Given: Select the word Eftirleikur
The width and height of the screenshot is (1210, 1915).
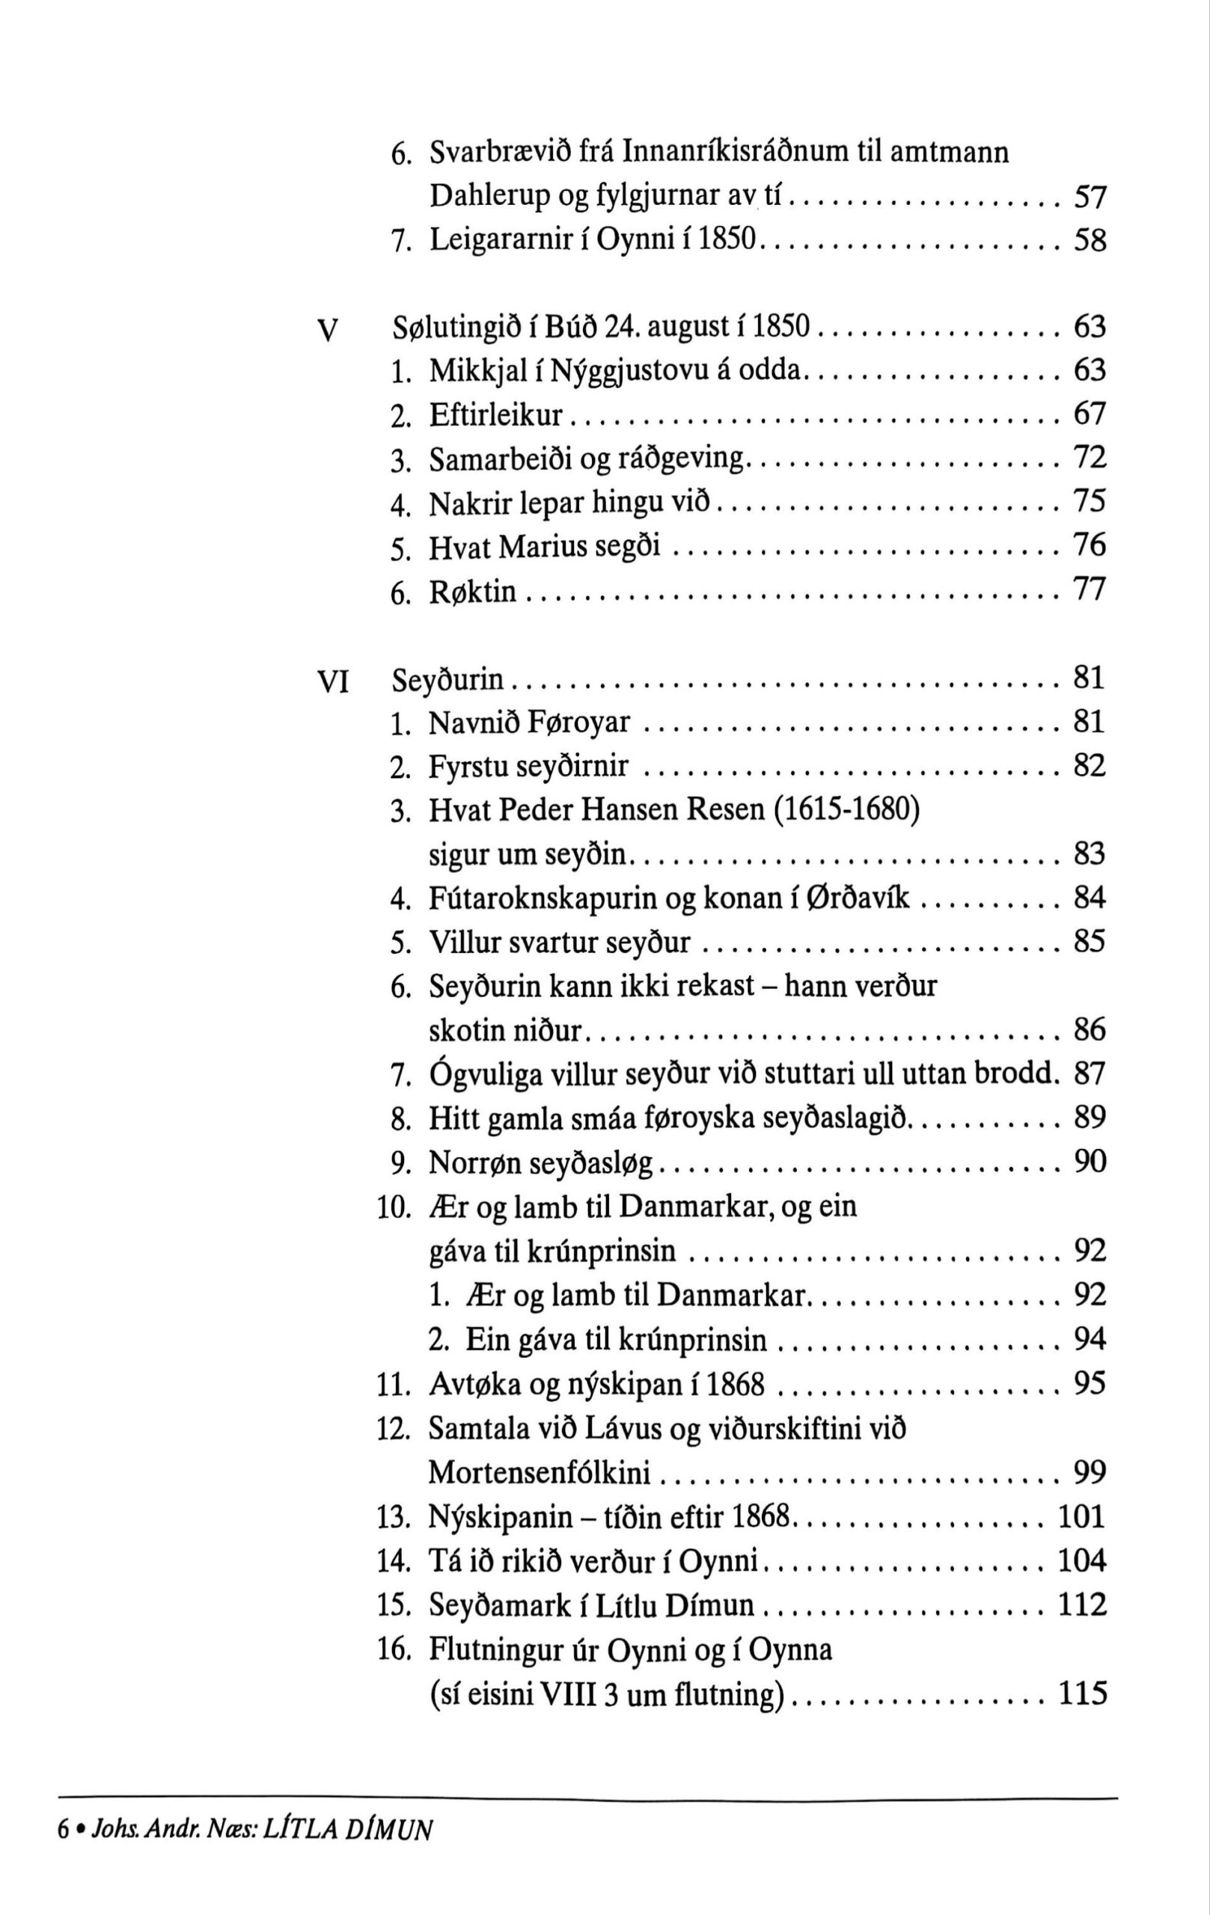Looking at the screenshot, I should click(495, 415).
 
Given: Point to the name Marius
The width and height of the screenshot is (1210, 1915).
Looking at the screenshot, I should click(543, 547).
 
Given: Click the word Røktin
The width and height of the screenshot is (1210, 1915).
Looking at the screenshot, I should click(472, 592).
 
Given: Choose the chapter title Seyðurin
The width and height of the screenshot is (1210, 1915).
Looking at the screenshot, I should click(449, 680).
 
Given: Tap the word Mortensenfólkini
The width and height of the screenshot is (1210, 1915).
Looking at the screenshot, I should click(540, 1473).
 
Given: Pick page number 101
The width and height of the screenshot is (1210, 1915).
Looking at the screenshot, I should click(1082, 1516).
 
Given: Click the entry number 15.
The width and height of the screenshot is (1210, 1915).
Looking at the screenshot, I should click(393, 1605).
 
